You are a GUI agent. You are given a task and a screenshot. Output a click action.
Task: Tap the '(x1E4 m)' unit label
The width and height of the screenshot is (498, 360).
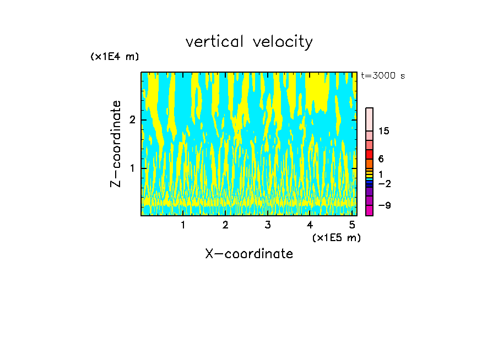[115, 57]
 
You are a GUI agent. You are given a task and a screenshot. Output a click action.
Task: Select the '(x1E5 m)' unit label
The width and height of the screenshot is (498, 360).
[336, 237]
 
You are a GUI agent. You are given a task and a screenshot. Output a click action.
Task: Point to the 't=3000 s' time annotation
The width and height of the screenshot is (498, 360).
[383, 76]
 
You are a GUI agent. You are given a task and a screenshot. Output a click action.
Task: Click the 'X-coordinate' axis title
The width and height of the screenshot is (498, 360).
[249, 254]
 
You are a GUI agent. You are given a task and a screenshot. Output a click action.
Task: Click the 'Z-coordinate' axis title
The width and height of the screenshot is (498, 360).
[116, 144]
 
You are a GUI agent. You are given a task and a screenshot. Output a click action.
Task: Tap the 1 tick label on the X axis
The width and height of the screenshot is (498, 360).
[183, 225]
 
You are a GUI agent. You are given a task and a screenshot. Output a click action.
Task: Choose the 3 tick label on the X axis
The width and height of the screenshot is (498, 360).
[267, 225]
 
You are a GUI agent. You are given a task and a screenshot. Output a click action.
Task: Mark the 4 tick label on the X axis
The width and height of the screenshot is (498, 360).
[310, 225]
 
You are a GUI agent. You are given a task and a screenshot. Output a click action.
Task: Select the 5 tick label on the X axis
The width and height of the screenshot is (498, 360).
[351, 225]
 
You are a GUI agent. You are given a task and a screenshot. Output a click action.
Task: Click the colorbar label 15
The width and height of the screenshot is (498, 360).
[385, 131]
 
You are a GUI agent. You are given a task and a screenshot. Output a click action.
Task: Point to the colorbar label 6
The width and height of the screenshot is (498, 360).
[381, 159]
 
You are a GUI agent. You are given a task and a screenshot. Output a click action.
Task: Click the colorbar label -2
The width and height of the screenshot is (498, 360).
[385, 184]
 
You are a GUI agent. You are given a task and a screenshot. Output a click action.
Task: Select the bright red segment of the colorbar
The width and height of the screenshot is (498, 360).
[370, 155]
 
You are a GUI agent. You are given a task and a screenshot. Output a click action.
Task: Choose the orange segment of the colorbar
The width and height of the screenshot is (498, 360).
[370, 164]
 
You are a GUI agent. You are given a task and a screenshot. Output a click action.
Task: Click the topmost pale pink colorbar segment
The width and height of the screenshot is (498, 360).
[370, 119]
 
